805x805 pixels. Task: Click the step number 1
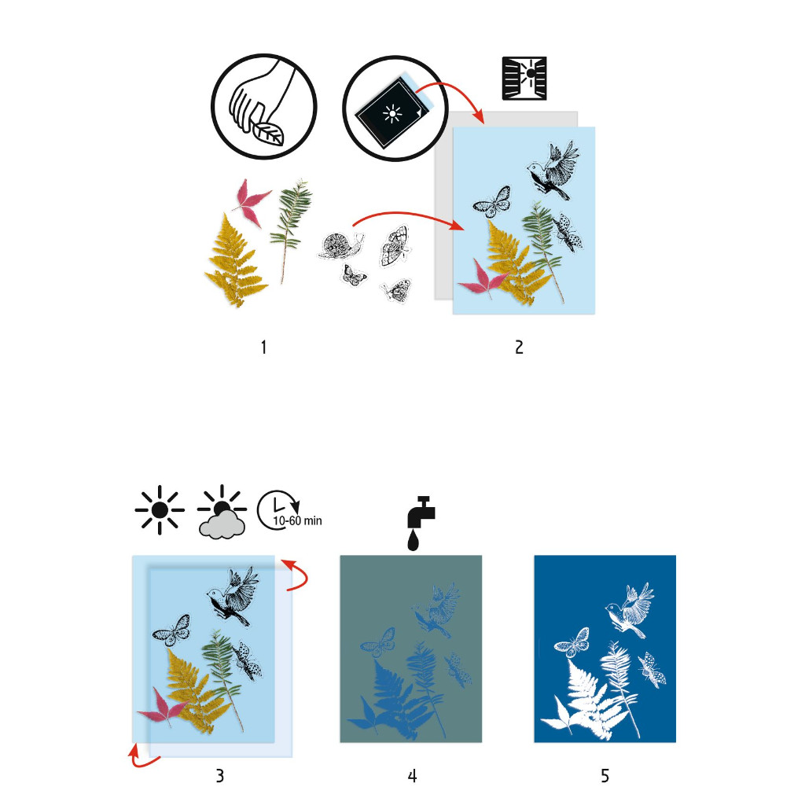[x=263, y=347]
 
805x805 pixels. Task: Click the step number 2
[x=519, y=347]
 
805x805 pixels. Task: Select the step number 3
[x=220, y=775]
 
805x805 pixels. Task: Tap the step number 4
[x=412, y=775]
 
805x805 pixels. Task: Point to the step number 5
[x=605, y=775]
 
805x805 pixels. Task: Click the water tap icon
[x=421, y=523]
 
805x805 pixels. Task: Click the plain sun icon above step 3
[x=160, y=509]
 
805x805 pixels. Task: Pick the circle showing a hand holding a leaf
[x=264, y=107]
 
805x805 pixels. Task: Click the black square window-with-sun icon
[x=524, y=78]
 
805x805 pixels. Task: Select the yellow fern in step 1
[x=234, y=261]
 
